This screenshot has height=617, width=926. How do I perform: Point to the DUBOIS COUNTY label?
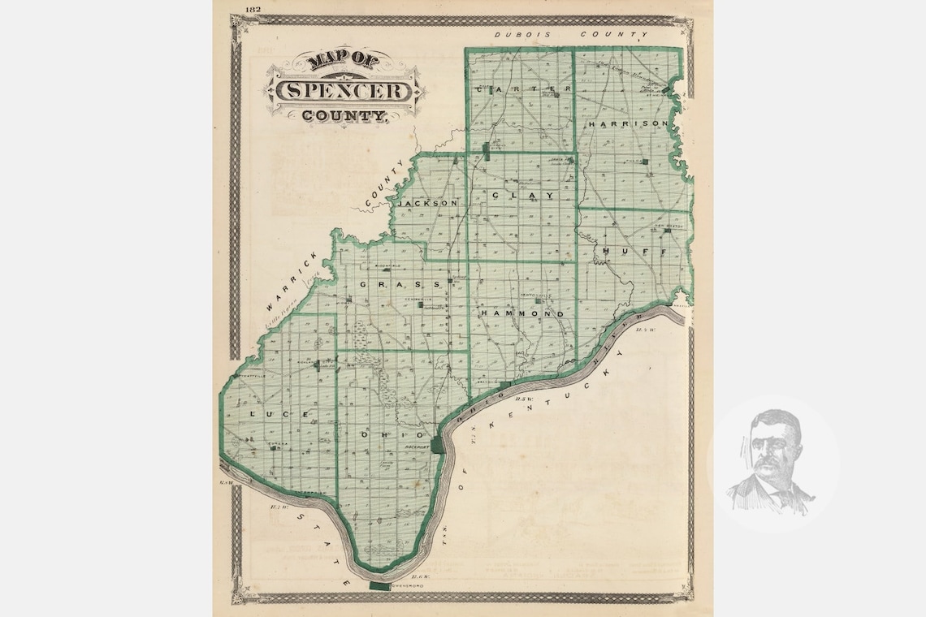[572, 35]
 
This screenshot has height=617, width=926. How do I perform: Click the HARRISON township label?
[629, 124]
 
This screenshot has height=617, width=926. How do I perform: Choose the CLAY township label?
[522, 196]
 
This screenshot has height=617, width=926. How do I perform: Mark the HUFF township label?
[634, 252]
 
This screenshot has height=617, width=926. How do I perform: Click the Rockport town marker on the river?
[439, 445]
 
